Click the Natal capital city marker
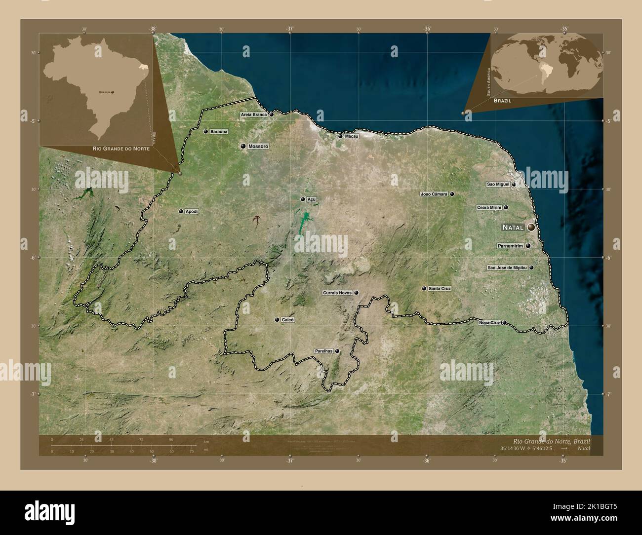click(531, 227)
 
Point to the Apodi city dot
click(181, 211)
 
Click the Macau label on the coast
click(352, 136)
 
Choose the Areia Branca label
click(254, 115)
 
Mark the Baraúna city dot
click(205, 132)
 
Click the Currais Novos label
click(337, 293)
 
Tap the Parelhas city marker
click(337, 351)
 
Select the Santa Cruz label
click(440, 288)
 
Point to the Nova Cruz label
click(489, 323)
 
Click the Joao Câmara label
click(434, 194)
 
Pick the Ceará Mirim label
click(489, 208)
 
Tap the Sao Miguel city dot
click(514, 185)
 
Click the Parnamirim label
click(511, 246)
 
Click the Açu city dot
click(303, 199)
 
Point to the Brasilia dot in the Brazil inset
click(113, 92)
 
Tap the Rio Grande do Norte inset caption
click(121, 148)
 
